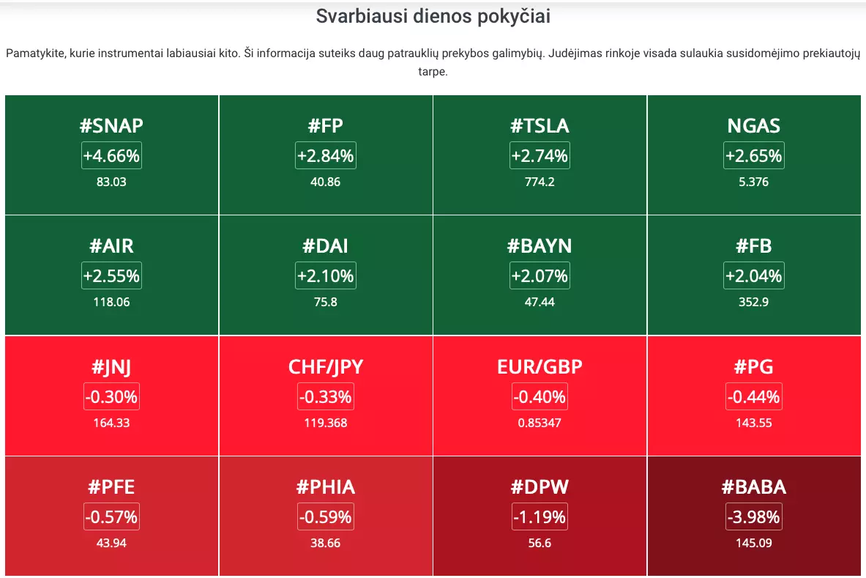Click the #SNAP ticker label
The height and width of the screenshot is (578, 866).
pos(111,126)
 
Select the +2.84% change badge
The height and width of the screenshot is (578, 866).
pos(325,156)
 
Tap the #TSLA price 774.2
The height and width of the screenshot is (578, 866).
pos(540,182)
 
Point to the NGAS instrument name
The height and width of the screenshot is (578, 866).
pos(754,126)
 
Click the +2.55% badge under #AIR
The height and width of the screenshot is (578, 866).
pos(111,275)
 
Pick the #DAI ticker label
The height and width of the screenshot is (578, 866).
pos(325,246)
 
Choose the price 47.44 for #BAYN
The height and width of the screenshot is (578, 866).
pos(540,302)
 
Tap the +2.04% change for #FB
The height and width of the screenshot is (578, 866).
pos(754,275)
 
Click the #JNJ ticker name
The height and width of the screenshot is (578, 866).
pos(111,367)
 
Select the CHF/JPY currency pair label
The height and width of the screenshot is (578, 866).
pos(325,367)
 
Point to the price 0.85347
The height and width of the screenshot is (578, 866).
pos(540,423)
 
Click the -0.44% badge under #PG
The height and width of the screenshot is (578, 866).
pos(754,396)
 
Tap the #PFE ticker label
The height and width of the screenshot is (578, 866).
pos(111,487)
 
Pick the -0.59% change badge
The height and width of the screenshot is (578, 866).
pos(325,516)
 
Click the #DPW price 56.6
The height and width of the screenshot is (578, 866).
pos(540,543)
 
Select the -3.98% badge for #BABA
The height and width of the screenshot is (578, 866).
pos(754,516)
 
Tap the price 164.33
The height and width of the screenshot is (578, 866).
pos(111,423)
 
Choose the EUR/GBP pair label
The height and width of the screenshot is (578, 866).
pos(540,367)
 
